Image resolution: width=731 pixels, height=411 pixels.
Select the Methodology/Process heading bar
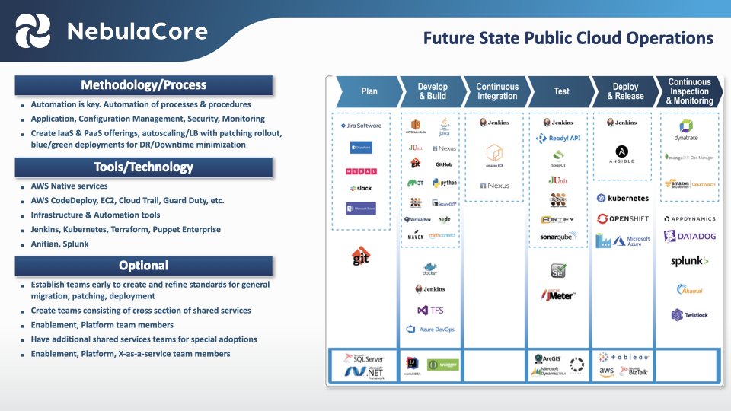144,85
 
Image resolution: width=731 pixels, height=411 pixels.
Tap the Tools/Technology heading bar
144,167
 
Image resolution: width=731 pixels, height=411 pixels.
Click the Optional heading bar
144,266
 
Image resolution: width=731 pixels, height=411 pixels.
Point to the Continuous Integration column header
497,91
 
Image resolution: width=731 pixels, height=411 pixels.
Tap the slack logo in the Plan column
360,188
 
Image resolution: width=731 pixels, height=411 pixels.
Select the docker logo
431,269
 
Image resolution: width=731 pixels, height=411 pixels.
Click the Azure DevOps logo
431,330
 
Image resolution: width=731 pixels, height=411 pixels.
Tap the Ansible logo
623,154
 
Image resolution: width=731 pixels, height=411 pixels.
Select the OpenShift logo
623,219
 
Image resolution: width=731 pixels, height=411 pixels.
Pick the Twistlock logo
689,314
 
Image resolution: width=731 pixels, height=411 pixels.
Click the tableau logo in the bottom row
624,356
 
